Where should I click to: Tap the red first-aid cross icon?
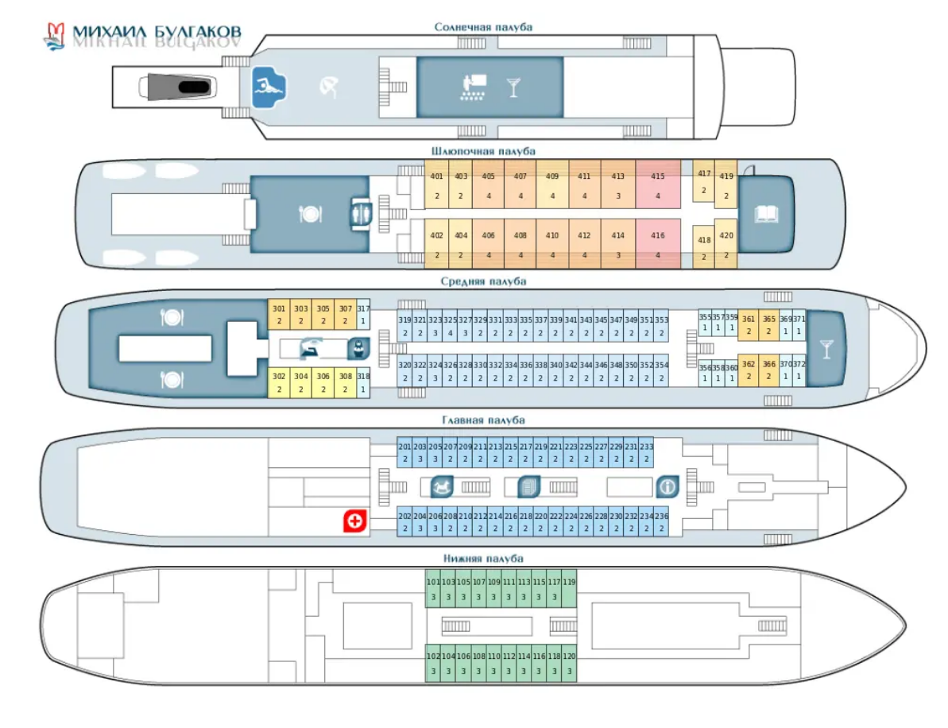(x=354, y=521)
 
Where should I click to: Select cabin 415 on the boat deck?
(x=658, y=184)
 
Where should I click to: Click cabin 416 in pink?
(x=658, y=244)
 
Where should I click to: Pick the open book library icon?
(x=766, y=214)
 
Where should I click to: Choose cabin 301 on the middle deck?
(x=279, y=315)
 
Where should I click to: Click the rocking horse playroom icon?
(x=441, y=486)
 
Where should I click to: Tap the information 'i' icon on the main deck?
(x=667, y=486)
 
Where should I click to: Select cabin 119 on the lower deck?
(x=569, y=589)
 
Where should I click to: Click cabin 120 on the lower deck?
(x=569, y=663)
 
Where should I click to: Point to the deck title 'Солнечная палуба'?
(x=483, y=27)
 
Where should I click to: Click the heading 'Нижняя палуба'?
(x=482, y=559)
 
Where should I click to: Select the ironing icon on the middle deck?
(x=308, y=348)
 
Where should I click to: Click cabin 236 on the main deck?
(x=661, y=522)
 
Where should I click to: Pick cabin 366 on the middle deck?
(x=768, y=370)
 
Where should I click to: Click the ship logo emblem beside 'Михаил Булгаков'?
(x=54, y=37)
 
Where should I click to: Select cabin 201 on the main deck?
(x=404, y=453)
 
